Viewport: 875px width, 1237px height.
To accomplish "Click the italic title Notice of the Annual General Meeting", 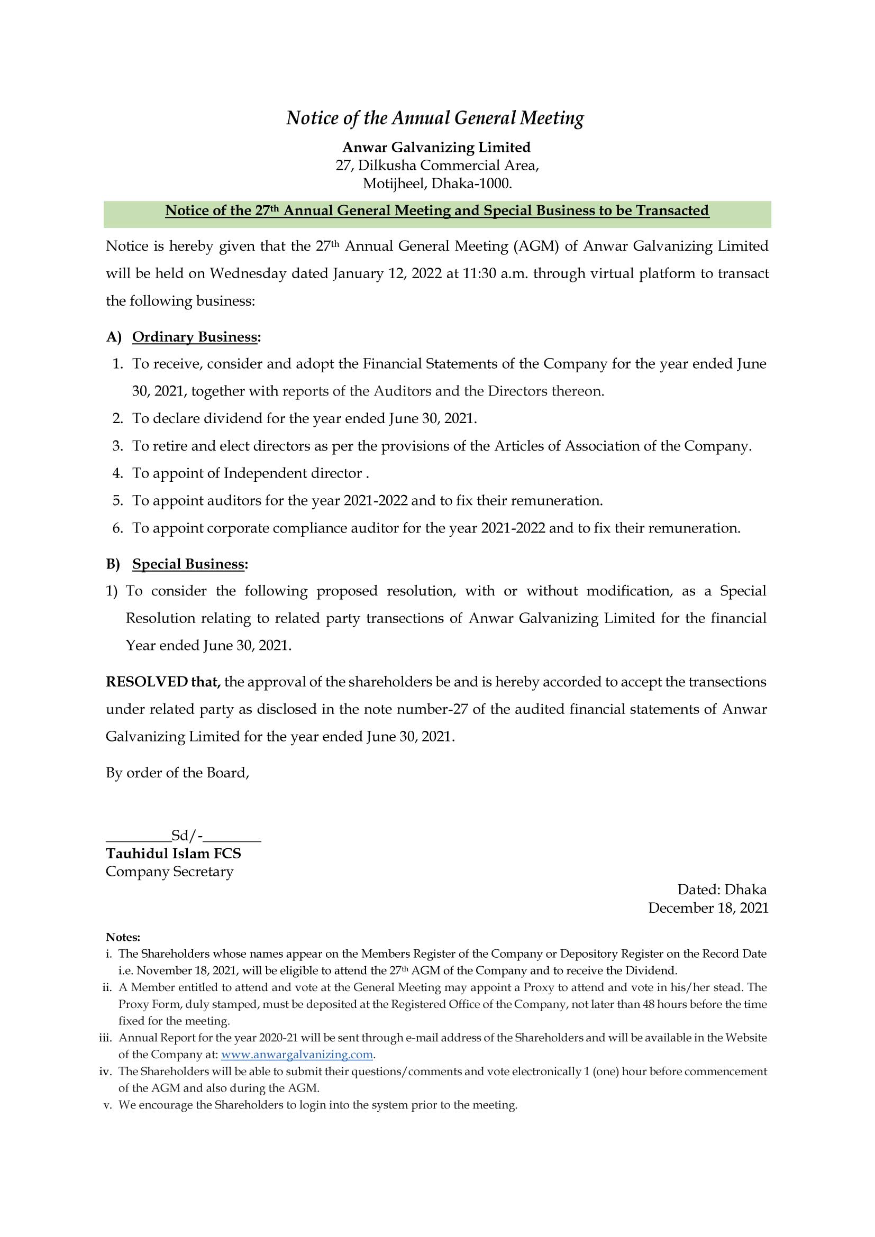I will coord(435,118).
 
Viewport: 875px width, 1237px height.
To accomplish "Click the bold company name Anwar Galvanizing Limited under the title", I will coord(436,147).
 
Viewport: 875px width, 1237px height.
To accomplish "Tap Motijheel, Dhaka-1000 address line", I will coord(436,184).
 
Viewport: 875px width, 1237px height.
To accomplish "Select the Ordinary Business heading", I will coord(195,337).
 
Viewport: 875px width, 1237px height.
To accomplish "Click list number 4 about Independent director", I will coord(118,473).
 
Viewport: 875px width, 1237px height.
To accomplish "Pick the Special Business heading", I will coord(188,565).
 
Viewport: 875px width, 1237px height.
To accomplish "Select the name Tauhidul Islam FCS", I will coord(173,854).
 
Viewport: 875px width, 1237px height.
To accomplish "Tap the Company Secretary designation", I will coord(169,872).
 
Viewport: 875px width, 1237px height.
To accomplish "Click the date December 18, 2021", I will coord(707,909).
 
